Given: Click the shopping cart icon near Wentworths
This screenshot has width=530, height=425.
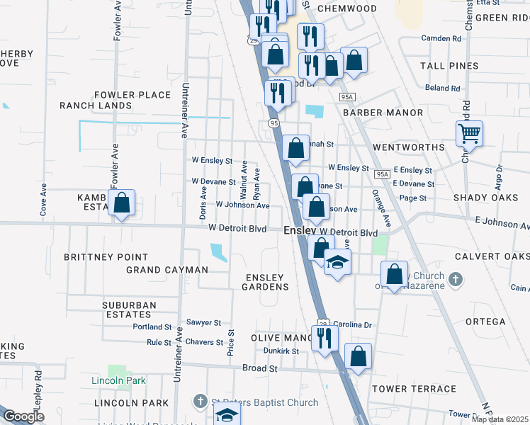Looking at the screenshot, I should pos(469,132).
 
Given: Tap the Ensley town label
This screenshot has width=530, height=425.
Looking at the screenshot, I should pos(299,231).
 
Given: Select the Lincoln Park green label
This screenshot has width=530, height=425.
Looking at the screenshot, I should pos(118,380).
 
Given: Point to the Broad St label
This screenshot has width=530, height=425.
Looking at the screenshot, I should pos(259,368).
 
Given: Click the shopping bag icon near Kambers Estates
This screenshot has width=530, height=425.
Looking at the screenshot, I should pos(122,203).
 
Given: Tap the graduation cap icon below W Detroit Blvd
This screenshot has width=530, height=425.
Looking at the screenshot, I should pos(338,261).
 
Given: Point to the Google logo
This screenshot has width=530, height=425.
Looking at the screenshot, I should pos(24,416).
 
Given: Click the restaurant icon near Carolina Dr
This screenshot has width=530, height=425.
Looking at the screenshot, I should pos(325,337).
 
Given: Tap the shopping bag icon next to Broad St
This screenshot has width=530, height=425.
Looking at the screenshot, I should pos(359,356).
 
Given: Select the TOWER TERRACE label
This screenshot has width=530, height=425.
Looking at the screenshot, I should pos(415,389).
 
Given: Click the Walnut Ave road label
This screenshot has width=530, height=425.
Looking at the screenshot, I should pos(243,178).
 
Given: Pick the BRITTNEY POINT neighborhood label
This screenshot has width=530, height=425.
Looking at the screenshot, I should pos(106,257).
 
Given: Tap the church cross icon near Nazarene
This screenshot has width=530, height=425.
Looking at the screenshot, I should pos(456,280).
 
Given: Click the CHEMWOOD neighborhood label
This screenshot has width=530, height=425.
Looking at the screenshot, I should pos(346,8).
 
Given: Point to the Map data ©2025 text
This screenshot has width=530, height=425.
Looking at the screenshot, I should pos(500,419).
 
